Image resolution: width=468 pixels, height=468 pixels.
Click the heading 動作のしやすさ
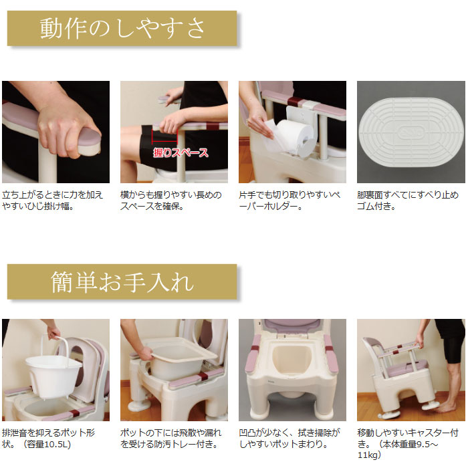[x=122, y=29]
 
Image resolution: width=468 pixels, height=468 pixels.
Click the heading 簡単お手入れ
[x=122, y=282]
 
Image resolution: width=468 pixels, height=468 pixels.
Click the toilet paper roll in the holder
[x=294, y=131]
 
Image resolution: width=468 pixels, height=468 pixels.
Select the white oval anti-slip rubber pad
[x=411, y=132]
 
